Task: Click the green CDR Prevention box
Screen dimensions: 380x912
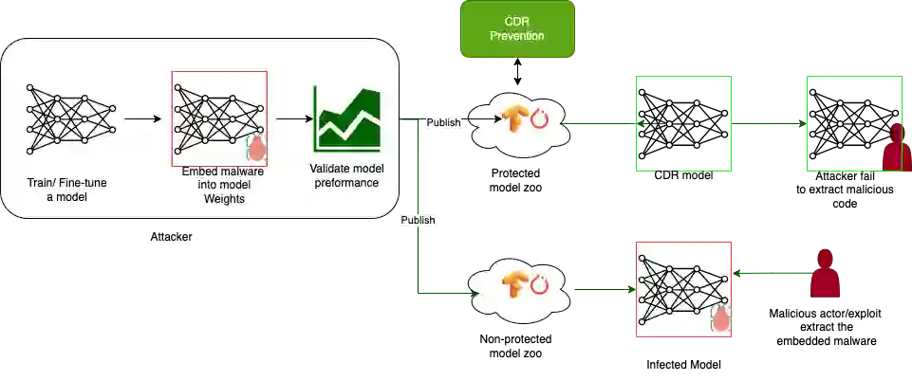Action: pyautogui.click(x=518, y=28)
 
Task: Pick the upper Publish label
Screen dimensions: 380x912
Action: pyautogui.click(x=442, y=122)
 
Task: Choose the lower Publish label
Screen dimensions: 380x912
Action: pyautogui.click(x=418, y=220)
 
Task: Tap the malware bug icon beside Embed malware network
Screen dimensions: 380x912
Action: pyautogui.click(x=256, y=144)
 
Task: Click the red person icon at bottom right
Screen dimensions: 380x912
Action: pyautogui.click(x=826, y=274)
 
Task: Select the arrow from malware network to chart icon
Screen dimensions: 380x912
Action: pyautogui.click(x=291, y=120)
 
